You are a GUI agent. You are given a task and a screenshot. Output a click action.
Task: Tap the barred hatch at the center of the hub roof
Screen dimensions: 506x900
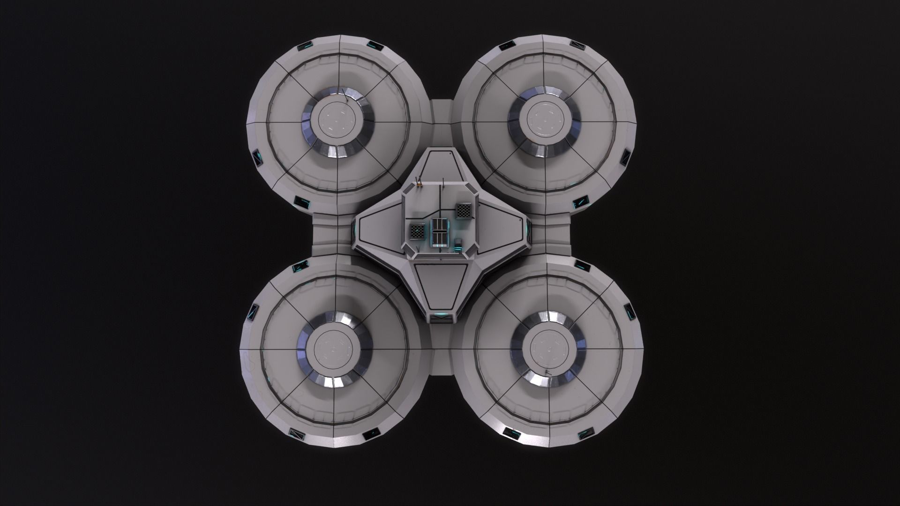tap(440, 231)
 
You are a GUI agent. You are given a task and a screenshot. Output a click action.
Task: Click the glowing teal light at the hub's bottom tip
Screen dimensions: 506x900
tap(440, 316)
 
